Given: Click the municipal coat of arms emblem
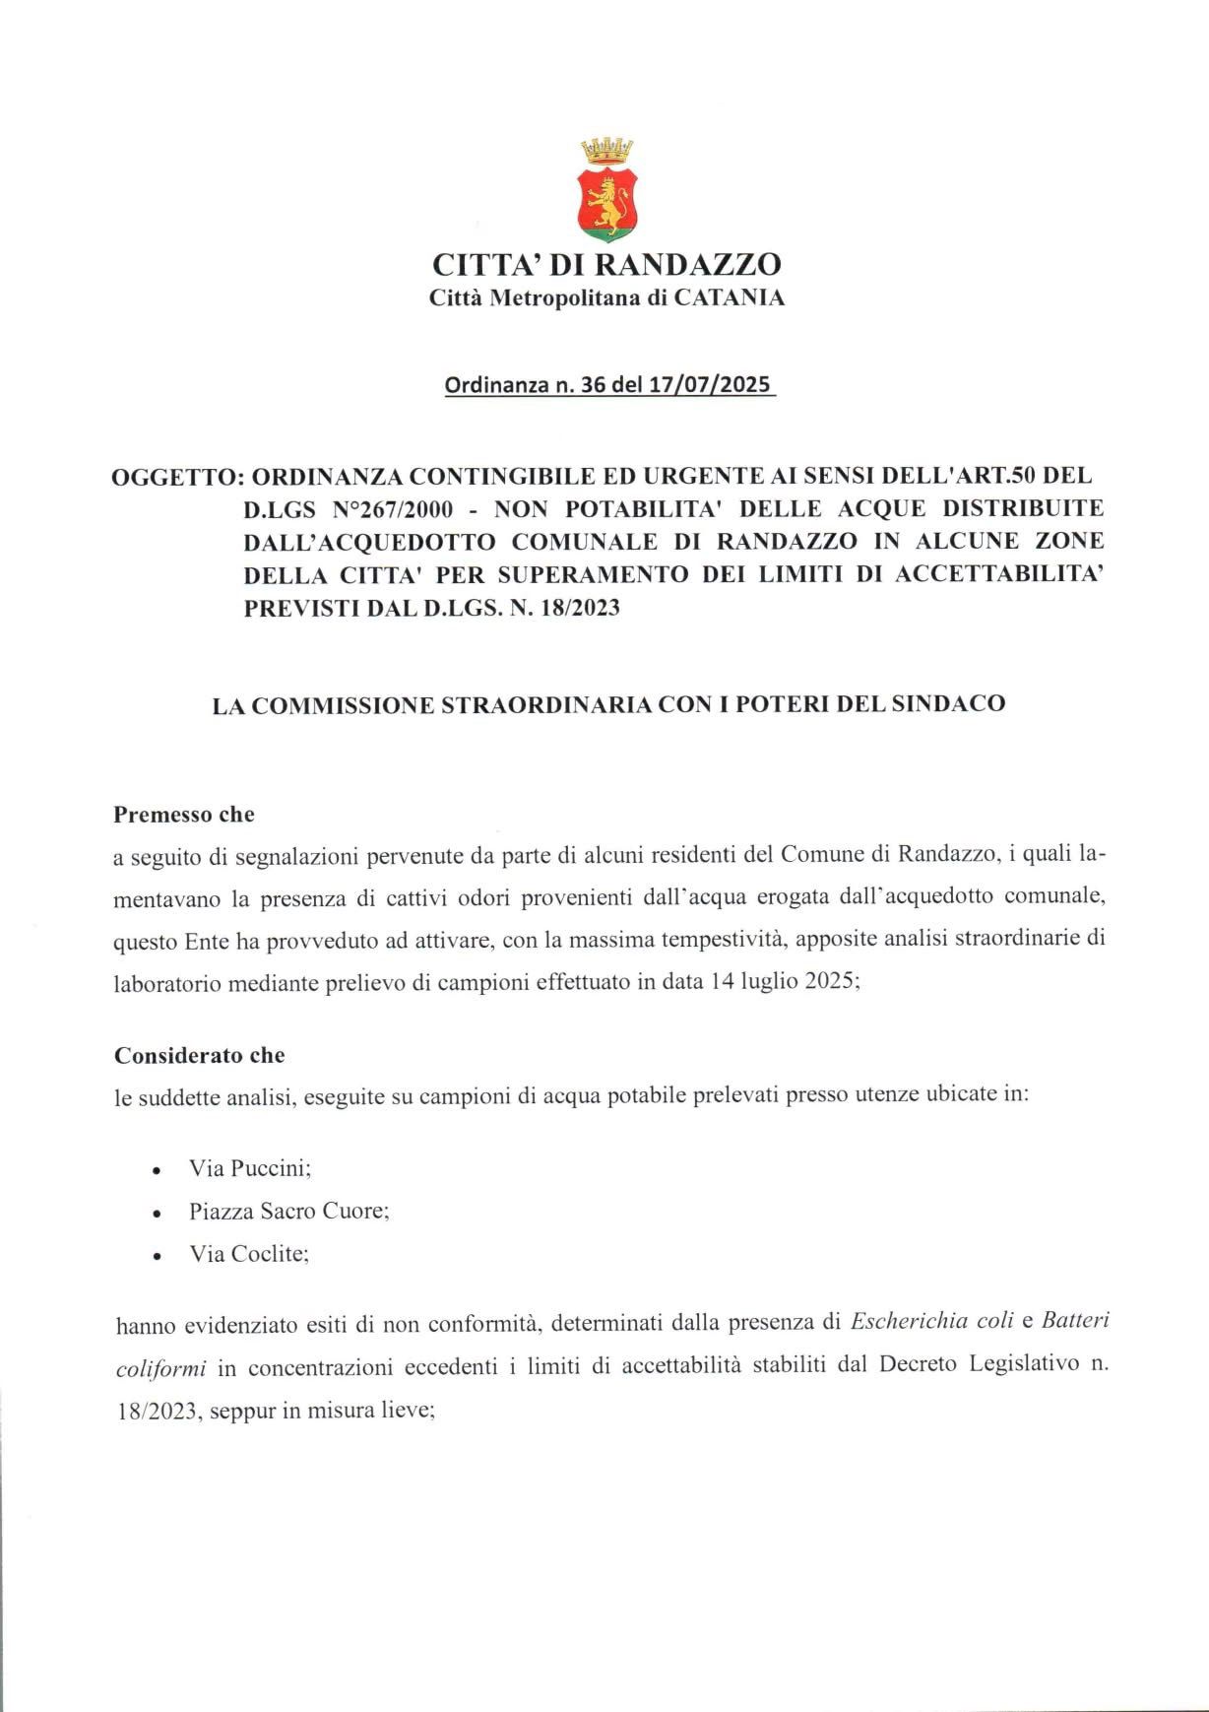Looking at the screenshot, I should (x=605, y=191).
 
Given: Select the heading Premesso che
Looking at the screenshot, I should (x=184, y=815).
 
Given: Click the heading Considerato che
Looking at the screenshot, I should (x=200, y=1055).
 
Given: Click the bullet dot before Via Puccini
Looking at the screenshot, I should (x=157, y=1171).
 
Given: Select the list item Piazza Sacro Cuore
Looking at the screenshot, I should (x=288, y=1211).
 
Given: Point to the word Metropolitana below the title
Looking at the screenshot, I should (x=568, y=297).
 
